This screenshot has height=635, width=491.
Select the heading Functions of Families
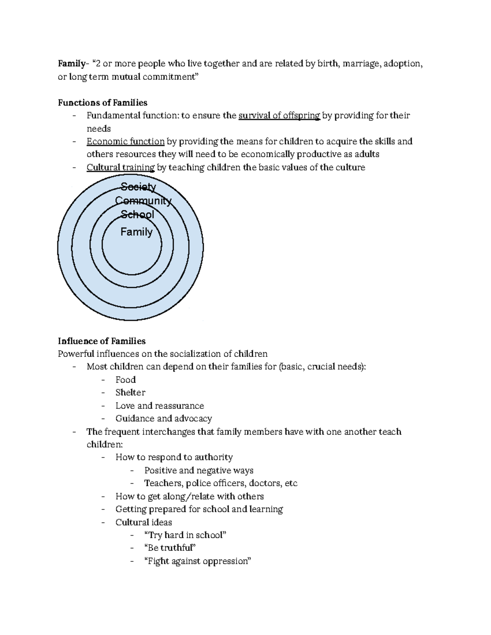[102, 103]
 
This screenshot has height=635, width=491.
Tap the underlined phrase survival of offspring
[279, 116]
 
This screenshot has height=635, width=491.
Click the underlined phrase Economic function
[125, 141]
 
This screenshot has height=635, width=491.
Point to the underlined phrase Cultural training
[120, 167]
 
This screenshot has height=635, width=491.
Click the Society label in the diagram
[138, 187]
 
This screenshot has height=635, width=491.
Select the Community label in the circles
[143, 201]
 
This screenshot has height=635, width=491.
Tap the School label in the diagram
[137, 214]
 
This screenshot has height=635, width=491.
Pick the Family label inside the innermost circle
[136, 232]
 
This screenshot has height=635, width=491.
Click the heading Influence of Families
[101, 341]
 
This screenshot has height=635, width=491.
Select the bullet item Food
[125, 380]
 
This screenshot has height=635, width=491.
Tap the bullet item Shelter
[130, 393]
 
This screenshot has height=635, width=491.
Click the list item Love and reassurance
[160, 406]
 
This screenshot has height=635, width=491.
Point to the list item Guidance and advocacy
[164, 419]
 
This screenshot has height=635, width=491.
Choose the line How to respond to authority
[174, 457]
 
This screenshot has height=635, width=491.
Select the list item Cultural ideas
[144, 522]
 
